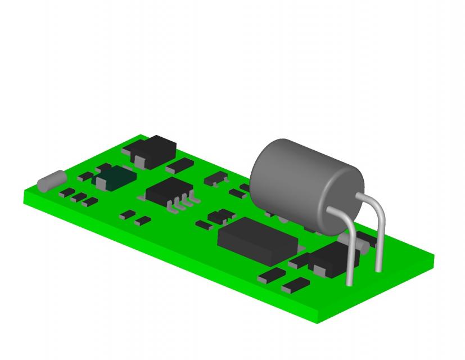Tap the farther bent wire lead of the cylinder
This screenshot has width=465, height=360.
click(x=379, y=236)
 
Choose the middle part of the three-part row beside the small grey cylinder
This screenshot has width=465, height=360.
click(x=79, y=197)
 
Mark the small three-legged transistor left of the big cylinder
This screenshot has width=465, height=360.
click(x=215, y=179)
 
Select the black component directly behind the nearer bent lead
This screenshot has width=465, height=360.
click(x=329, y=259)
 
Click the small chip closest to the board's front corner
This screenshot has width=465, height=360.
click(x=296, y=285)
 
